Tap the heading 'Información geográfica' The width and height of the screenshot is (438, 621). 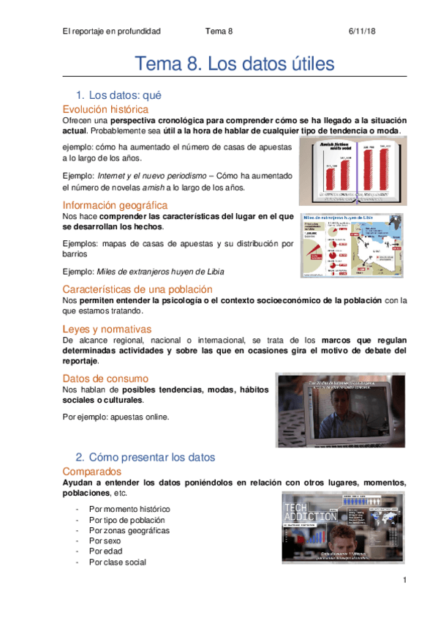[x=115, y=204]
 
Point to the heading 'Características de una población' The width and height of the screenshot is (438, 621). [x=137, y=289]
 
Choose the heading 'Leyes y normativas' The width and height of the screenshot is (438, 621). [x=107, y=329]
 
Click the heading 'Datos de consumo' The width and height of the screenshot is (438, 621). [x=105, y=378]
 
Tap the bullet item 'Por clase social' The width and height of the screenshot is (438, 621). [x=117, y=562]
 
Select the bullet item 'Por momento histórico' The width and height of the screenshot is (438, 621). [x=129, y=508]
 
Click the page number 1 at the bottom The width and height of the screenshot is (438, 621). [x=404, y=580]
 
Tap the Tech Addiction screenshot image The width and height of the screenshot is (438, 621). [x=341, y=528]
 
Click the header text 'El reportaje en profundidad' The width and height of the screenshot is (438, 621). [x=111, y=31]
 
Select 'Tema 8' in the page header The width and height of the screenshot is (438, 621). [x=219, y=31]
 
